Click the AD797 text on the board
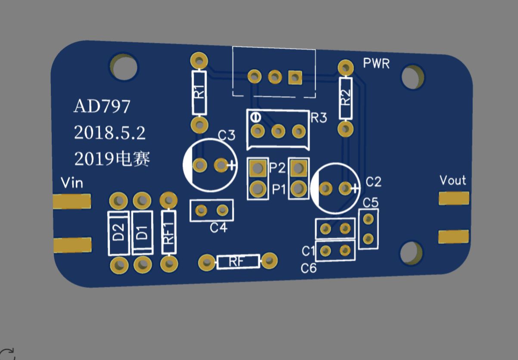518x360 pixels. [x=102, y=106]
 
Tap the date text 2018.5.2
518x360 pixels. [x=109, y=133]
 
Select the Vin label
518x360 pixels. [x=72, y=183]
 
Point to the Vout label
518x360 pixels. [x=453, y=180]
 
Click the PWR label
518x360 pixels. [x=376, y=64]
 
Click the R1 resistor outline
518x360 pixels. [x=199, y=93]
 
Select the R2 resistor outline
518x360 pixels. [x=345, y=98]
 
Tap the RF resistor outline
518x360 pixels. [x=238, y=261]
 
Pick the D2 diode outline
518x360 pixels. [x=118, y=233]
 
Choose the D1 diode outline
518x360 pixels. [x=142, y=233]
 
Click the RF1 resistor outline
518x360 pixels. [x=169, y=233]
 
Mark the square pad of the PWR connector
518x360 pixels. [x=295, y=78]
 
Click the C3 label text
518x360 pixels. [x=226, y=136]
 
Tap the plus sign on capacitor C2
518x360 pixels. [x=356, y=188]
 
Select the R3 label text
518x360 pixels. [x=319, y=118]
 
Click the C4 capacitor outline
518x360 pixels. [x=211, y=210]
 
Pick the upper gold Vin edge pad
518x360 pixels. [x=71, y=201]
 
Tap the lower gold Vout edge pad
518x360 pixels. [x=453, y=236]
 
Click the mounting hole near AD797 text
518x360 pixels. [x=124, y=67]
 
